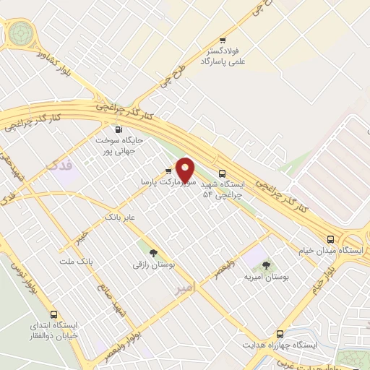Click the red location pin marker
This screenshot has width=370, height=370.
click(x=186, y=170)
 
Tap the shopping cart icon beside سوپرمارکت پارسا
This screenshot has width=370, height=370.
click(x=168, y=172)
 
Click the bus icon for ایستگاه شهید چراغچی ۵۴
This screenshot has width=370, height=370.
click(x=222, y=173)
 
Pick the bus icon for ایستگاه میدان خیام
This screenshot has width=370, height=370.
click(x=330, y=239)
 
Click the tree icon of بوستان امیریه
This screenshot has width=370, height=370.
click(x=264, y=265)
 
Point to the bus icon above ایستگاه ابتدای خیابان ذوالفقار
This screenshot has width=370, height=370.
click(x=54, y=315)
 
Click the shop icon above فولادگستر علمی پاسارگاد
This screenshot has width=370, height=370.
click(x=223, y=40)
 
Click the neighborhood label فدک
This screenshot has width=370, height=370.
click(x=59, y=166)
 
